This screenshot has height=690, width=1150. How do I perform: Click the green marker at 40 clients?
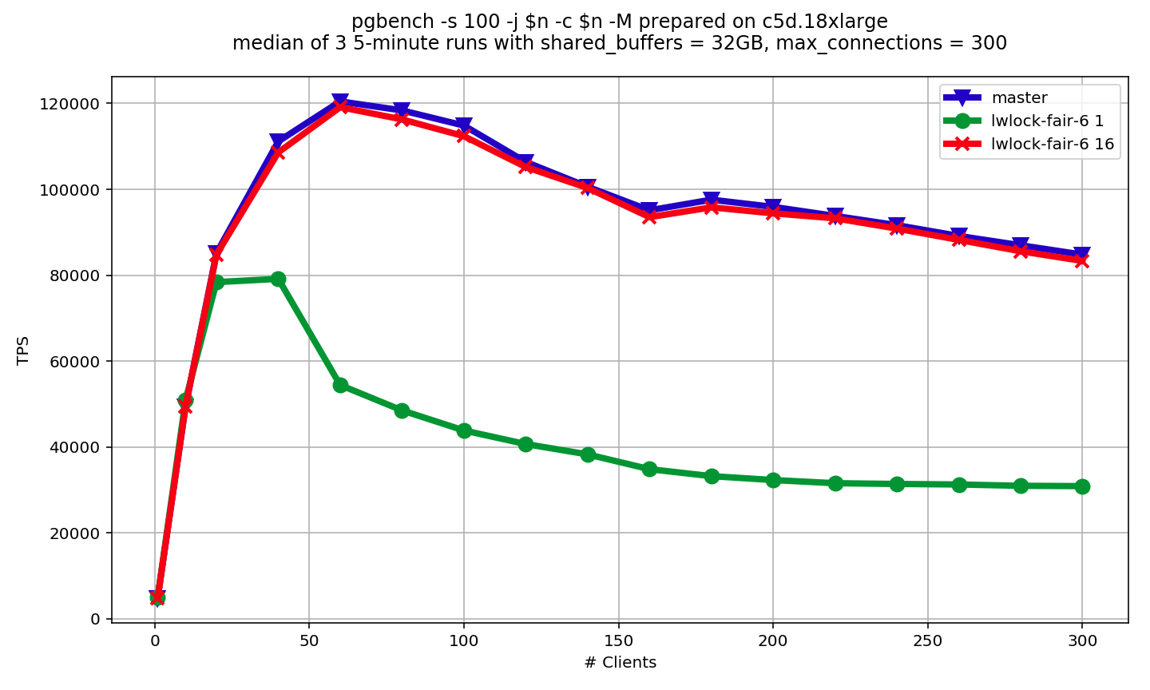tap(278, 279)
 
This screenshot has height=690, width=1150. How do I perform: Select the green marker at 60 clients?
tap(340, 385)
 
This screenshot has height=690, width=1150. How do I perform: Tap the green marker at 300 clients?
tap(1082, 486)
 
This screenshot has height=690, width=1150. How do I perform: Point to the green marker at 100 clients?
tap(464, 430)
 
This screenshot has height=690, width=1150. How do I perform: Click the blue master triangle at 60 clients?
tap(340, 101)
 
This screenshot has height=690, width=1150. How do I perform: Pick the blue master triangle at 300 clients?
tap(1082, 255)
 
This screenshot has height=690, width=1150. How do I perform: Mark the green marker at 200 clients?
tap(773, 480)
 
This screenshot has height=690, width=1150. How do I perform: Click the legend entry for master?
tap(1019, 98)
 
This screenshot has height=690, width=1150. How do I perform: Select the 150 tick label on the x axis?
tap(618, 640)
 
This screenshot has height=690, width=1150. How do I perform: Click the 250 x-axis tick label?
tap(927, 640)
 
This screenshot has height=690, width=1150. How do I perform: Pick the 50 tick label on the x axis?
tap(309, 640)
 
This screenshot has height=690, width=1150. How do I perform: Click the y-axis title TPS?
tap(23, 350)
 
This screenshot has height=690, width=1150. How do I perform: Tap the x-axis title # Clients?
tap(620, 663)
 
